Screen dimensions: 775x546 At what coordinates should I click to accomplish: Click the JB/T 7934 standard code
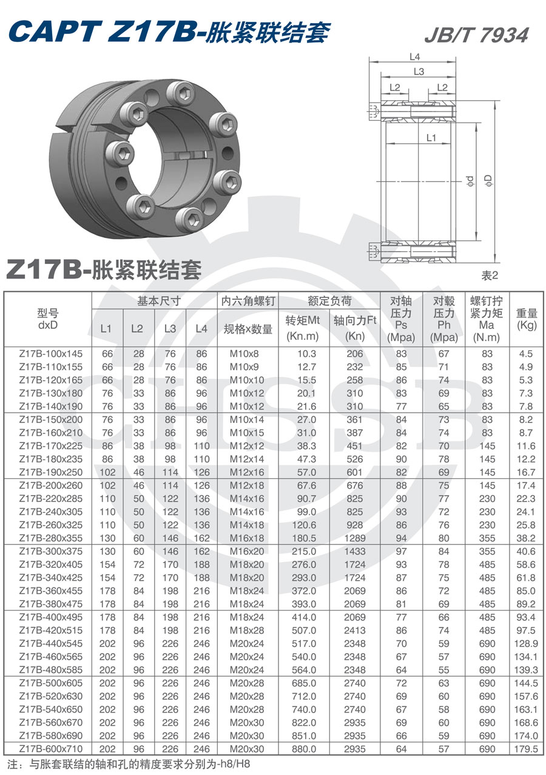(476, 35)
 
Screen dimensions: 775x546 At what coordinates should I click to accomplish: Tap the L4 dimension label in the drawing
(415, 57)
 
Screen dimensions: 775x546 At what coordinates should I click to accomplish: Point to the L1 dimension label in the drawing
(431, 138)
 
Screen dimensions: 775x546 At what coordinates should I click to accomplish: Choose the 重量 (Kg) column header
(527, 319)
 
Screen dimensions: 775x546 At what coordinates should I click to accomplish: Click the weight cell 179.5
(526, 749)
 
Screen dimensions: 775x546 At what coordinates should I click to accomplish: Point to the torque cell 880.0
(304, 749)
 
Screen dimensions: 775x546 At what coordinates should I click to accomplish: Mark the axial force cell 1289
(355, 538)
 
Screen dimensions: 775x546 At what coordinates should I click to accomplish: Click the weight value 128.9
(526, 643)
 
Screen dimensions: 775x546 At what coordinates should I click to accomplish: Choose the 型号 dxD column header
(47, 319)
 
